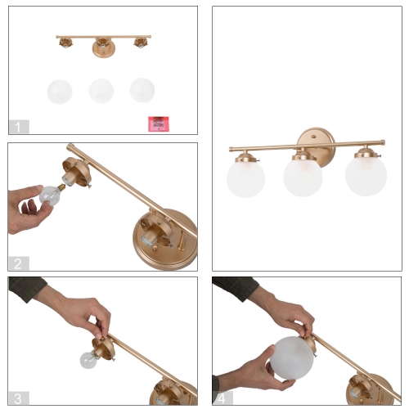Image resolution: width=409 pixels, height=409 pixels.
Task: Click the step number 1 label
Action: pyautogui.click(x=19, y=127)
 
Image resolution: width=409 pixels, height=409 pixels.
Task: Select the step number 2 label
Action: pyautogui.click(x=19, y=263)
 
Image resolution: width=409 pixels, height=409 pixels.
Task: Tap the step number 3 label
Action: pyautogui.click(x=19, y=398)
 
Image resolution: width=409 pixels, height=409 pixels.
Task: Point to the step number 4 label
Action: pyautogui.click(x=222, y=398)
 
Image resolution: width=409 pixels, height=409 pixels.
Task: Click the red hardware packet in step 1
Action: pyautogui.click(x=159, y=124)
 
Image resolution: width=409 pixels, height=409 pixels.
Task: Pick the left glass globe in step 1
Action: pyautogui.click(x=60, y=92)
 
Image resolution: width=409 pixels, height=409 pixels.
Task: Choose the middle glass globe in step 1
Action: pyautogui.click(x=101, y=91)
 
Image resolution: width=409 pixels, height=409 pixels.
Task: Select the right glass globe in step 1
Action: pyautogui.click(x=142, y=90)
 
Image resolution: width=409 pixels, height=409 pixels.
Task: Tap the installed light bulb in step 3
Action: pyautogui.click(x=88, y=360)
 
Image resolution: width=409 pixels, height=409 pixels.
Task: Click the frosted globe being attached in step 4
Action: pyautogui.click(x=291, y=357)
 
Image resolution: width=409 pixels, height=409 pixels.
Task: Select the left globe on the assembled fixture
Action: pyautogui.click(x=245, y=178)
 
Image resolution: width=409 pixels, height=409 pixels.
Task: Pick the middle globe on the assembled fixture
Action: pyautogui.click(x=303, y=177)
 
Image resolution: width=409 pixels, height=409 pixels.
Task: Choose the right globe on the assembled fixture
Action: pyautogui.click(x=366, y=176)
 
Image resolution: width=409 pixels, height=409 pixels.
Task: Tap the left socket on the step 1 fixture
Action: pyautogui.click(x=65, y=43)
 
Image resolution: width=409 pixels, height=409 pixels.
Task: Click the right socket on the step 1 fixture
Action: pyautogui.click(x=140, y=43)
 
